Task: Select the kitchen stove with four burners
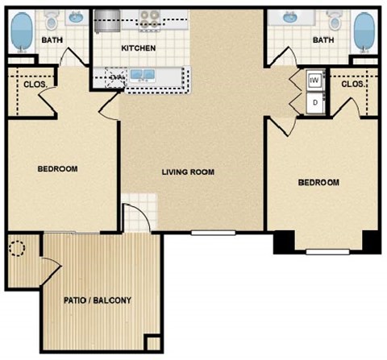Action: pyautogui.click(x=149, y=19)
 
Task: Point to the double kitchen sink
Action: pyautogui.click(x=144, y=77)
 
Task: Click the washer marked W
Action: pyautogui.click(x=314, y=81)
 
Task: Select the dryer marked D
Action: pyautogui.click(x=314, y=102)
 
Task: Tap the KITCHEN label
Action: pyautogui.click(x=138, y=48)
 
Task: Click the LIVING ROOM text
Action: pyautogui.click(x=188, y=172)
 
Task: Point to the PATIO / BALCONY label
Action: pyautogui.click(x=97, y=301)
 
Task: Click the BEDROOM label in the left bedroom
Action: pyautogui.click(x=57, y=168)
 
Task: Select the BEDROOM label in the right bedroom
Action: pyautogui.click(x=318, y=183)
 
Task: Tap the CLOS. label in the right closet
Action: pyautogui.click(x=353, y=84)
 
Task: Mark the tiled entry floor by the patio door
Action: pyautogui.click(x=135, y=217)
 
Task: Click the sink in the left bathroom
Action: pyautogui.click(x=77, y=16)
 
